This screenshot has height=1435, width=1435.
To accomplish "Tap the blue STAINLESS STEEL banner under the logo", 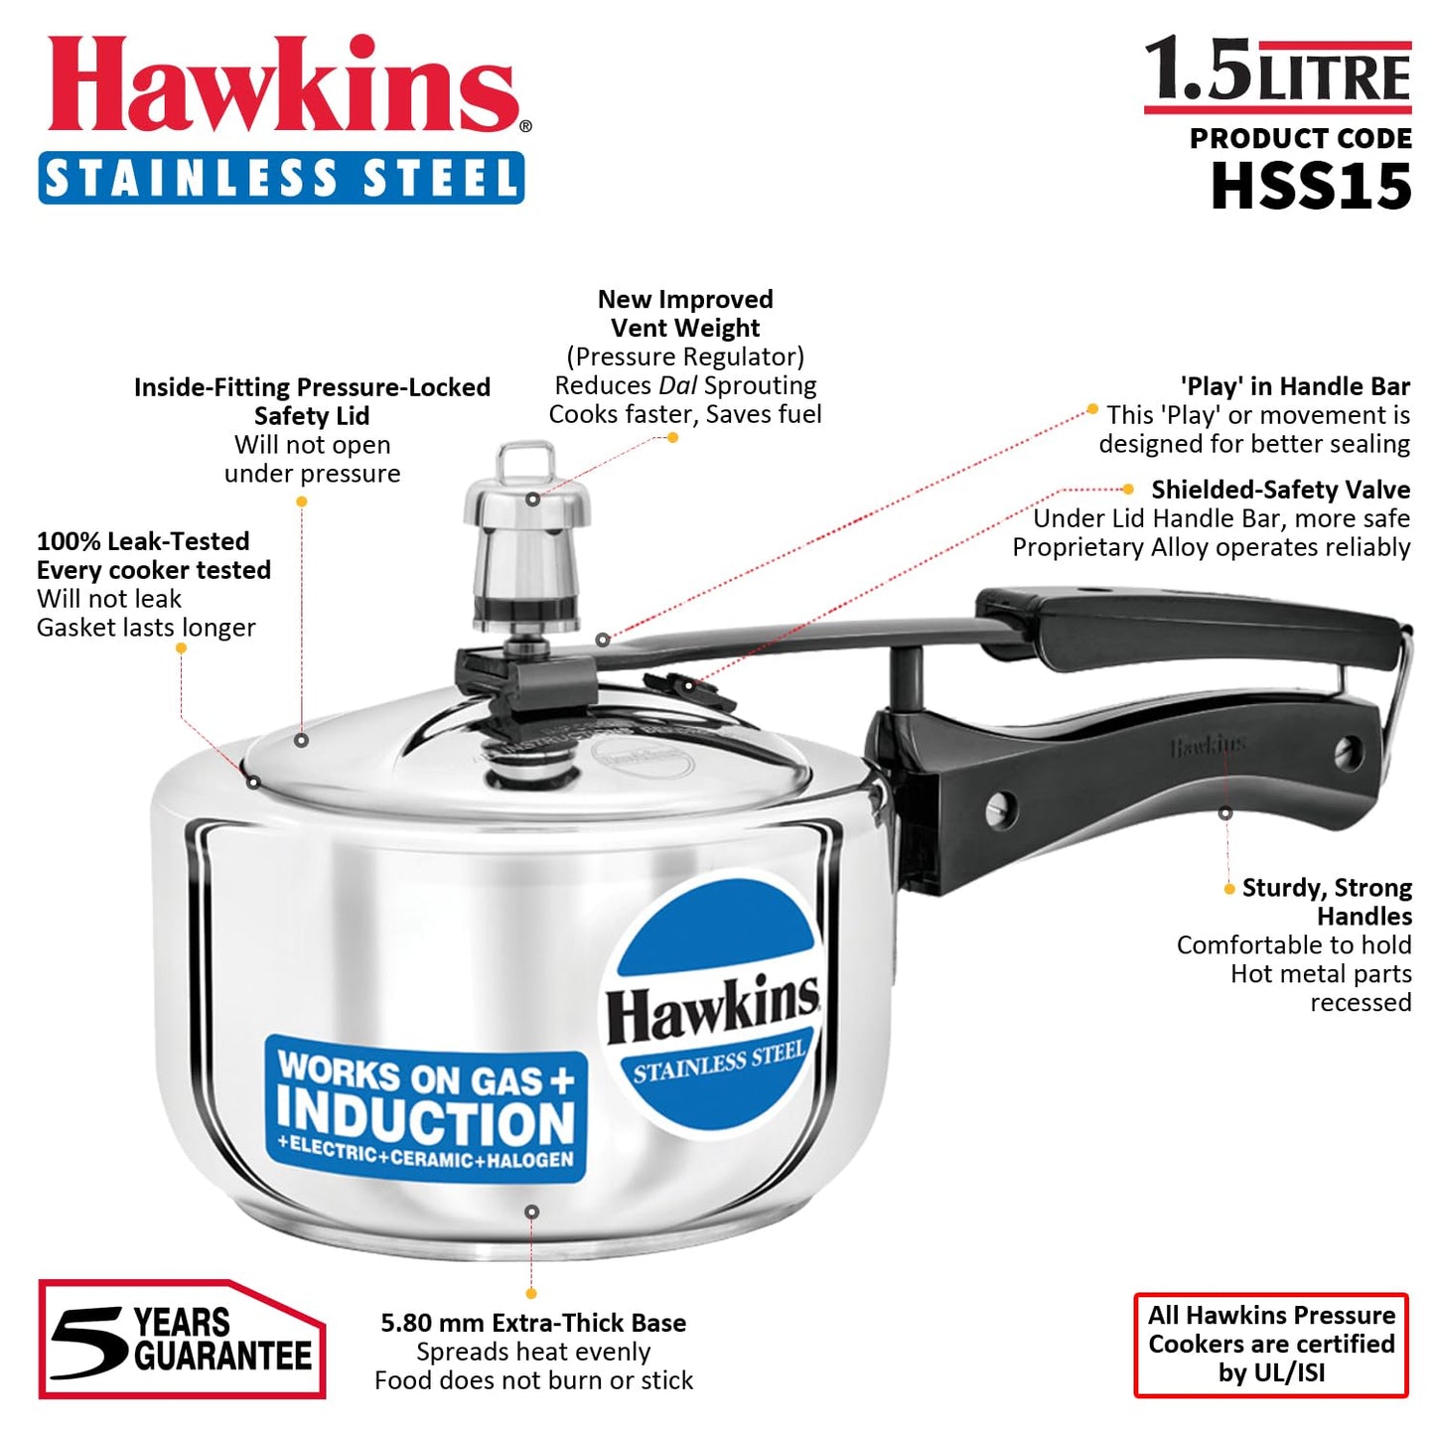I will click(281, 179).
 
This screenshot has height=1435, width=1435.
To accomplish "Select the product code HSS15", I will click(1310, 186).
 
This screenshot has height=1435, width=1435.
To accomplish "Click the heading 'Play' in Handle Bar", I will click(1294, 386).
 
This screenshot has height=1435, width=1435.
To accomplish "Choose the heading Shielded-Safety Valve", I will click(1279, 490).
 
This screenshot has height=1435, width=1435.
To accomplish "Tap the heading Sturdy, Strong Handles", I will click(1326, 901).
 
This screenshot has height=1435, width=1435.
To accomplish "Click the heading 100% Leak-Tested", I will click(143, 541).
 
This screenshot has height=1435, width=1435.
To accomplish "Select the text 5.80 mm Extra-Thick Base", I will click(533, 1323).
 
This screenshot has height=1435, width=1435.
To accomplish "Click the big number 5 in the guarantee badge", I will click(89, 1342).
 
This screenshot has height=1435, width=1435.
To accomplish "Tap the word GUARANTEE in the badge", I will click(222, 1357).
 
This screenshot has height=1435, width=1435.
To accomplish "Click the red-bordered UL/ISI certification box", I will click(1270, 1344).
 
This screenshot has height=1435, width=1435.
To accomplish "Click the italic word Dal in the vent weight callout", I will click(677, 385).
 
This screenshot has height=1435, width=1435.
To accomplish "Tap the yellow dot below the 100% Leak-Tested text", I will click(181, 647).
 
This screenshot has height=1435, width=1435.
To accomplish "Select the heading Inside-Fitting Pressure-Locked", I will click(312, 387).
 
